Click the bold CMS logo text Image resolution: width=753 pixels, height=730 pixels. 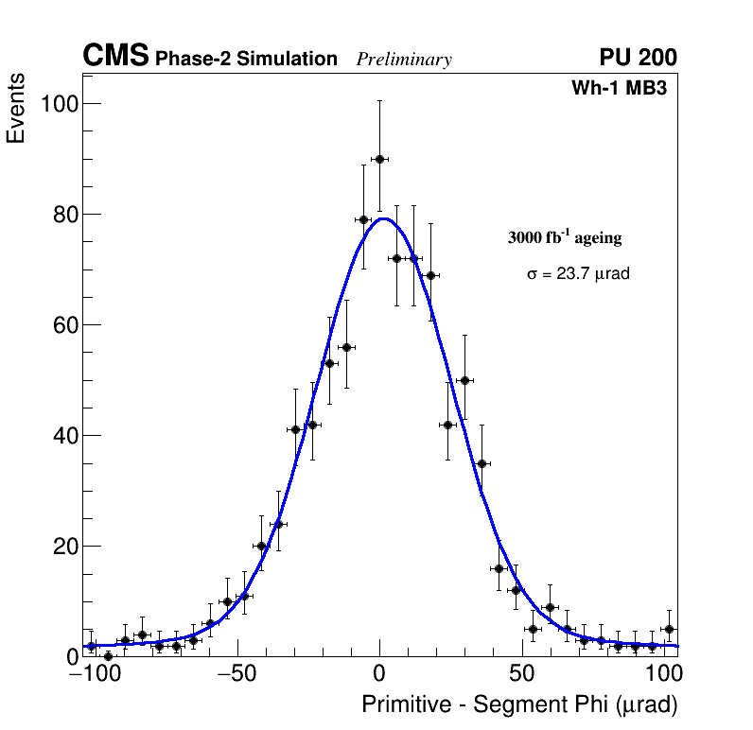point(115,57)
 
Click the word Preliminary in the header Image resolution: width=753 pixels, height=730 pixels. point(404,60)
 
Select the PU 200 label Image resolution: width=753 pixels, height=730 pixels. point(638,58)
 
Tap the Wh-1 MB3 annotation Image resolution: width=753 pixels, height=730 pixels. point(623,89)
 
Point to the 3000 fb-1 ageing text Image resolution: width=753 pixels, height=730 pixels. point(565,237)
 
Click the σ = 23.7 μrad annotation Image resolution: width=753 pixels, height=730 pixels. point(578,274)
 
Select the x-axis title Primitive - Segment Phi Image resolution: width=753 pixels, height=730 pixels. point(519,705)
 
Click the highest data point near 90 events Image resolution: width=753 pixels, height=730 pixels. point(379,159)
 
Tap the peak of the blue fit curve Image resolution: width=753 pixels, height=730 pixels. point(381,218)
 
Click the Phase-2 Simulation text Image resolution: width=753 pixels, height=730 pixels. point(246,60)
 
